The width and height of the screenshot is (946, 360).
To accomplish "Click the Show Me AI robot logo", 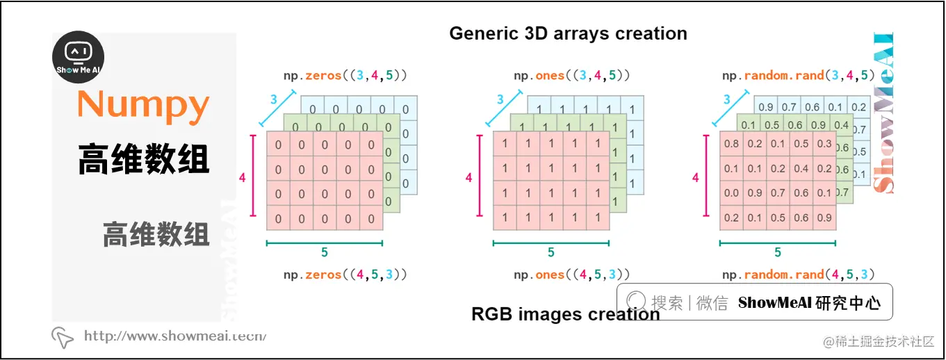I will (x=79, y=57).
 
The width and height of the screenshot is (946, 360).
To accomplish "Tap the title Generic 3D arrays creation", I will (x=568, y=33).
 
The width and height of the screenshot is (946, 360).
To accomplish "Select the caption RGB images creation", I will (x=565, y=314).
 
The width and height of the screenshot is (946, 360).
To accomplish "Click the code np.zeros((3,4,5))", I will (x=345, y=75).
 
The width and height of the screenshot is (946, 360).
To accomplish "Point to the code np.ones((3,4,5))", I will (x=572, y=75).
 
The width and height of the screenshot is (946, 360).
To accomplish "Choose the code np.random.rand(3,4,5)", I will (x=798, y=75).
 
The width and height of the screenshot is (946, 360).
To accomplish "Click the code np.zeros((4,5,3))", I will (x=345, y=275).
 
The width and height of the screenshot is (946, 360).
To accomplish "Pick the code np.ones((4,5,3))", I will (x=572, y=275).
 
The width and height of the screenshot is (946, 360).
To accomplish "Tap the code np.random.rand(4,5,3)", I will (x=798, y=275).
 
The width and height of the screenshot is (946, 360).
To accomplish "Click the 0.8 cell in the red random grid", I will (x=731, y=144).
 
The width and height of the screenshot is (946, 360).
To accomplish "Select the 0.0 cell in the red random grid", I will (x=731, y=193).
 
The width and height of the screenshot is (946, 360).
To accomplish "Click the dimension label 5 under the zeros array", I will (x=325, y=252).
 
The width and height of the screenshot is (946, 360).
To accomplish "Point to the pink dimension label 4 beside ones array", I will (x=468, y=179).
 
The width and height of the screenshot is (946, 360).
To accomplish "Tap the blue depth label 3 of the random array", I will (x=727, y=100).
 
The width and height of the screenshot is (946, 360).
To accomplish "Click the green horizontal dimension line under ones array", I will (x=551, y=243).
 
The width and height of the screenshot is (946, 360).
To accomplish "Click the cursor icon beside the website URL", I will (x=63, y=337).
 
